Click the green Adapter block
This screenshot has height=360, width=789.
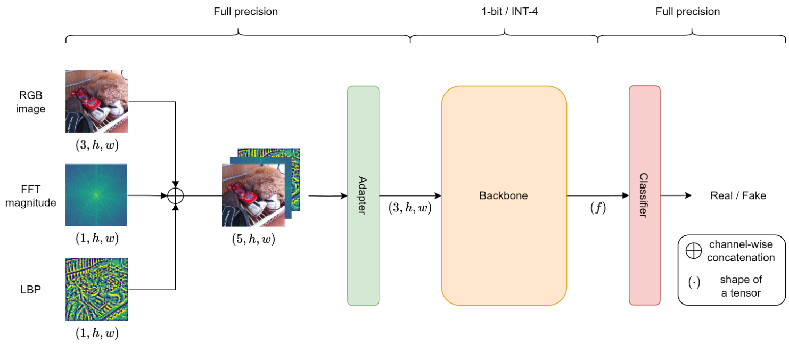coord(363,195)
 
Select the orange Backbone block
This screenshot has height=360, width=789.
coord(504,195)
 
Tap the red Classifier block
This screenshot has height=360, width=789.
coord(644,195)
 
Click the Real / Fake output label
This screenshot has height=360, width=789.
coord(738,195)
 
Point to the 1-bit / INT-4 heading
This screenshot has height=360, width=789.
coord(504,11)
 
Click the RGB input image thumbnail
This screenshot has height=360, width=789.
coord(96,101)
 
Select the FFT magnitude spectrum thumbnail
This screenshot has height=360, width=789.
coord(96,195)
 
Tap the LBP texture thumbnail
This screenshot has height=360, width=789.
coord(96,289)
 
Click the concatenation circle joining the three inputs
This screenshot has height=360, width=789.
coord(175,195)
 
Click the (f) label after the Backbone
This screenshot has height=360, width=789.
coord(598,208)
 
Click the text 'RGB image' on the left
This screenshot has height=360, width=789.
coord(31,102)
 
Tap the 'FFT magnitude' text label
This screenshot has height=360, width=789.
coord(31,195)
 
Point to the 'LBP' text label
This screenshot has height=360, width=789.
coord(31,290)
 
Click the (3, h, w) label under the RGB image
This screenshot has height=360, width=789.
coord(96,145)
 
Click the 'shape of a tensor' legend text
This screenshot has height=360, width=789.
coord(741,286)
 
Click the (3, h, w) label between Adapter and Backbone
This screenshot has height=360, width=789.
coord(409,208)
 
